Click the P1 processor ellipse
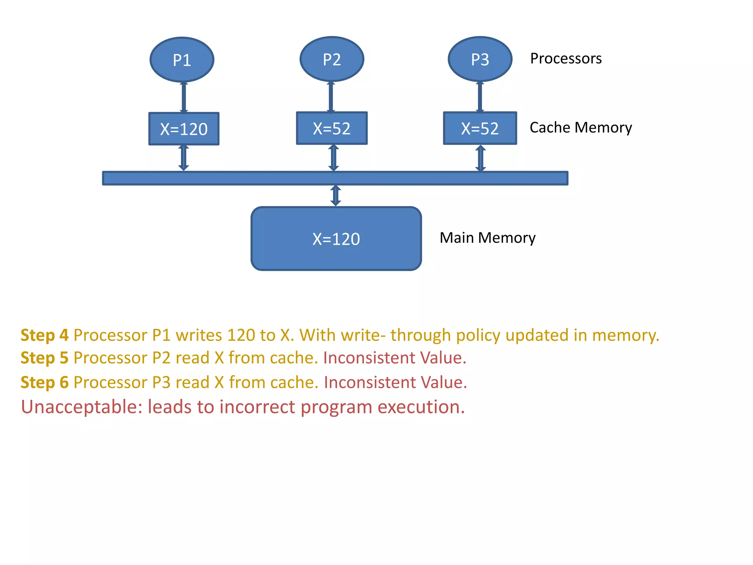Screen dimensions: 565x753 pos(182,60)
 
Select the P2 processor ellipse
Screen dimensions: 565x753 pos(332,59)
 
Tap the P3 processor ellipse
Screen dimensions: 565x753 pos(480,59)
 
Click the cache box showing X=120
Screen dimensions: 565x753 pos(184,129)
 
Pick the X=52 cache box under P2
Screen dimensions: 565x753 pos(332,128)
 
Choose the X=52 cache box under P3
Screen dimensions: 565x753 pos(480,128)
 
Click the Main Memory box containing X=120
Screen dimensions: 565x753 pos(336,239)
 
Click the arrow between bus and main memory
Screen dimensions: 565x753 pos(336,196)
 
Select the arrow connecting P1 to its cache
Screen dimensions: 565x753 pos(184,97)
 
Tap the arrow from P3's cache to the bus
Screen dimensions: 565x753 pos(481,158)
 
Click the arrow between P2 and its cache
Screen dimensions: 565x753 pos(331,97)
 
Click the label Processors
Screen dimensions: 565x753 pos(565,58)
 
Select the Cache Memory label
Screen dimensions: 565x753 pos(581,128)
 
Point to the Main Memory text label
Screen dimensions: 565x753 pos(487,238)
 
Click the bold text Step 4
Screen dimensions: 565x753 pos(44,335)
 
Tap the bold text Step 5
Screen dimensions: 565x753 pos(44,358)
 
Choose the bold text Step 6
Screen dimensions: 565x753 pos(44,382)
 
